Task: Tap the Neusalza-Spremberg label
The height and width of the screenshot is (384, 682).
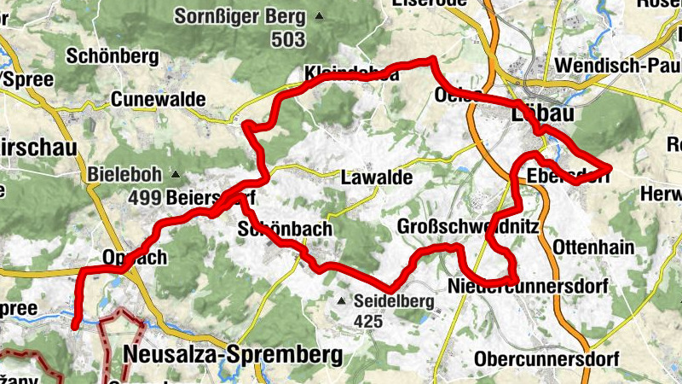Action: (233, 353)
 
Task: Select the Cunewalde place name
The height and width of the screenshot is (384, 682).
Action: (158, 100)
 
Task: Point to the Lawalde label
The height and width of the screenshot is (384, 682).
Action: (376, 178)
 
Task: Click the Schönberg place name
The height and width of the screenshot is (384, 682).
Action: (113, 56)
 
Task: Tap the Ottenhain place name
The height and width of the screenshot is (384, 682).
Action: (594, 247)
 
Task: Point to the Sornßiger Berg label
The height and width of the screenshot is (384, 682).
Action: (240, 15)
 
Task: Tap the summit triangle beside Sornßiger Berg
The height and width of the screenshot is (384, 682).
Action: (320, 15)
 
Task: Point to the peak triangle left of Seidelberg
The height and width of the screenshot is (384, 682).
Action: (342, 301)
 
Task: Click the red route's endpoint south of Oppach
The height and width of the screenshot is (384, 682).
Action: (76, 324)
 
